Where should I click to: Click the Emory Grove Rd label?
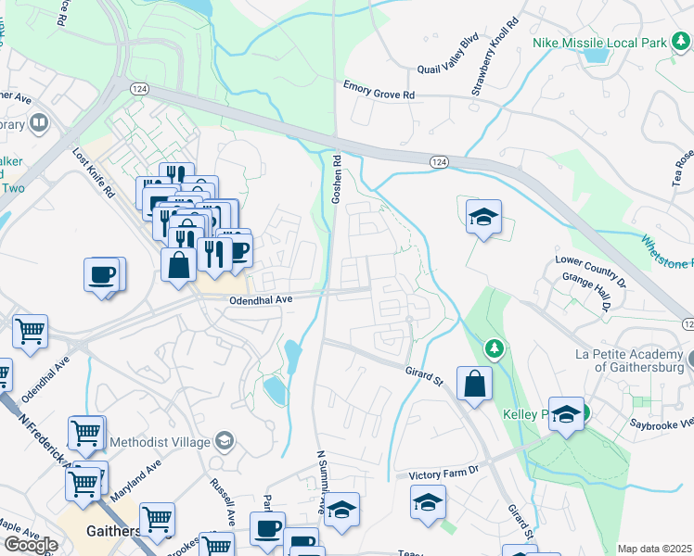(379, 94)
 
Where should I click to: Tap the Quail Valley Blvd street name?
(447, 55)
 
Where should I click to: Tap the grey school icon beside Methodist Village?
(224, 440)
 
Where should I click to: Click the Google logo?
(31, 545)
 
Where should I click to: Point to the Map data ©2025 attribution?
(654, 549)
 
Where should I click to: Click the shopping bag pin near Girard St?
(474, 383)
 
